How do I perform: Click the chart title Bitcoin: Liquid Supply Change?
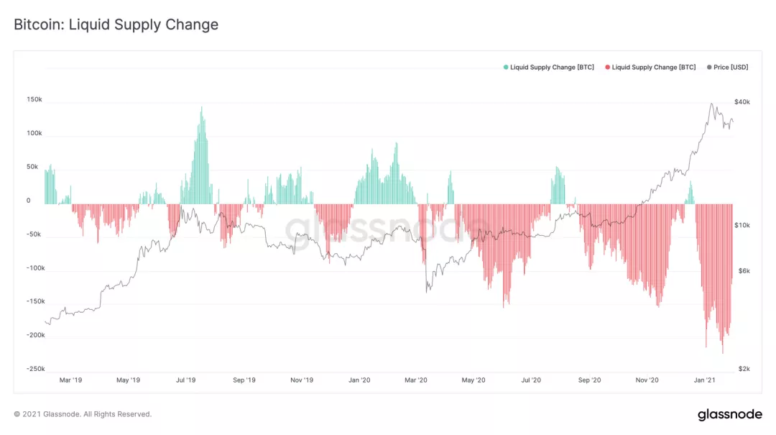116,24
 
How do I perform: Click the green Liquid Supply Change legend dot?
506,67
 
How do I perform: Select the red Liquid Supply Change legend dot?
608,67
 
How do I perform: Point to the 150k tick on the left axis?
34,100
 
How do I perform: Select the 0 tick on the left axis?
29,201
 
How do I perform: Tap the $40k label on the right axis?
742,102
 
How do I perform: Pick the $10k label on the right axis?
742,225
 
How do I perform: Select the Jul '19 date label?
185,380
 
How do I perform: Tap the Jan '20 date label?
359,380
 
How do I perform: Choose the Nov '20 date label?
647,380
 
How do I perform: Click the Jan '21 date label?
705,380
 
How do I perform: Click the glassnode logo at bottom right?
730,415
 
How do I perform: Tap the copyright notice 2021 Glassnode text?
83,414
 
